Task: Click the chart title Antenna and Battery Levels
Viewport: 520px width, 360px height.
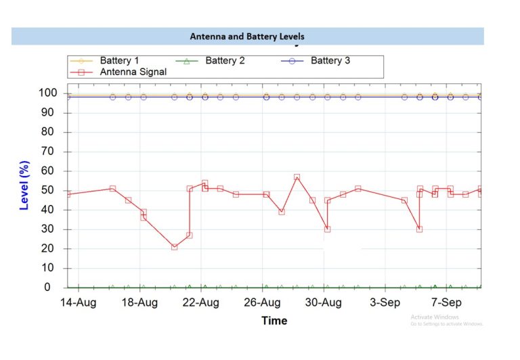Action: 247,36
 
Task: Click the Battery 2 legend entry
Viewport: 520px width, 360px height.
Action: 225,61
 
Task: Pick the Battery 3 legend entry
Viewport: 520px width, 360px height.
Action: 330,61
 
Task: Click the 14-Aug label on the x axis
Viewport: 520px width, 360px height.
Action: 79,302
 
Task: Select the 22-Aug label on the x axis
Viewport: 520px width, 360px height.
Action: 201,302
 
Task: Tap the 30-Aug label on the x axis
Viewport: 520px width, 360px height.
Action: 324,302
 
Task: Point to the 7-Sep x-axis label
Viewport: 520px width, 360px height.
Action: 447,302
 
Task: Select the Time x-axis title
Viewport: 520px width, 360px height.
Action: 274,320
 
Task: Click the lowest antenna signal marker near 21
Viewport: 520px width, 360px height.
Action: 174,247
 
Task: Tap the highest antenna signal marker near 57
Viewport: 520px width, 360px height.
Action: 297,177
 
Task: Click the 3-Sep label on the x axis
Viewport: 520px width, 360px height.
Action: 385,302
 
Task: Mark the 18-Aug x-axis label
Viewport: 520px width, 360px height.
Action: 139,302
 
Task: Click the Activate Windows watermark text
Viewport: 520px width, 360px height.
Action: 435,317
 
